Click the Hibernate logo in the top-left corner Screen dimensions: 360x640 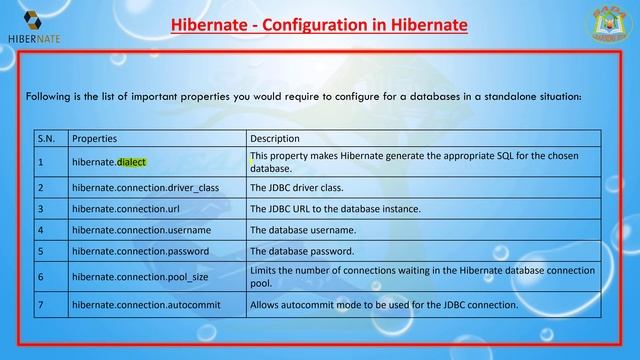(33, 23)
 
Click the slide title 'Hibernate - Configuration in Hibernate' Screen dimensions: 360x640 (319, 23)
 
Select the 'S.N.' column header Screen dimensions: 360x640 (46, 138)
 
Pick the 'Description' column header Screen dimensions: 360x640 (275, 138)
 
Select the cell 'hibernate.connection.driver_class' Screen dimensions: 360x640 (145, 187)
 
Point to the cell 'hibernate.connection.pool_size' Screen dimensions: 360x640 (140, 276)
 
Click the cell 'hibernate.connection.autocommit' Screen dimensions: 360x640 (146, 303)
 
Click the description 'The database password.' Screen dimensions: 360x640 (302, 251)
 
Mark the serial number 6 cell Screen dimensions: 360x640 (40, 276)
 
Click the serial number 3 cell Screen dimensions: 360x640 (40, 209)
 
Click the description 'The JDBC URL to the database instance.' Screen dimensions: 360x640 (335, 209)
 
